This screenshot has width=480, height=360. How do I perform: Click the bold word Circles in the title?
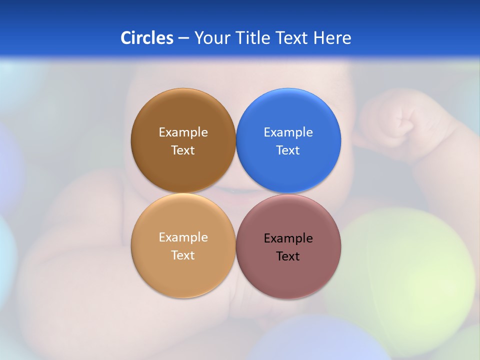(x=146, y=38)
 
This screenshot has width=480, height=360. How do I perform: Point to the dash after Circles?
(x=183, y=38)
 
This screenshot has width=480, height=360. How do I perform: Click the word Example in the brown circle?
(x=183, y=132)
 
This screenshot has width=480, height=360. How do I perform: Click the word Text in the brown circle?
(x=183, y=150)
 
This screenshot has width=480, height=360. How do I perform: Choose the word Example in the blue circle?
(x=288, y=132)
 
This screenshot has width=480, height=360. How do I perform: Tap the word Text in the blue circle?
(x=288, y=150)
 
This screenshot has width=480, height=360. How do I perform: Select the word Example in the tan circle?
(x=183, y=237)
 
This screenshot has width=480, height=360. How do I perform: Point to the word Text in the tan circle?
(x=183, y=255)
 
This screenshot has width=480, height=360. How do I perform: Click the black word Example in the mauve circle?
(x=288, y=238)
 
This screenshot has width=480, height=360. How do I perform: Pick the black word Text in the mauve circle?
(x=288, y=256)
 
